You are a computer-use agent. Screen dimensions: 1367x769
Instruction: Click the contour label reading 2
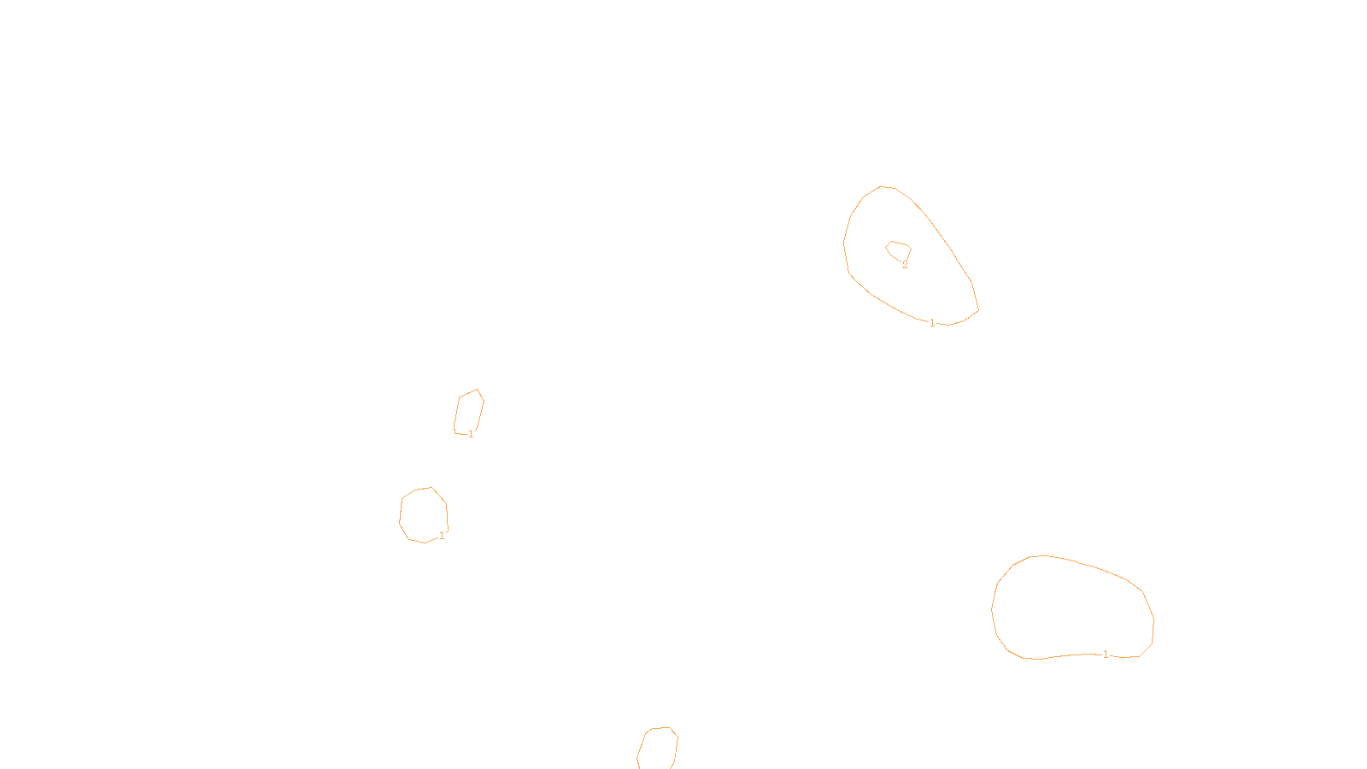(x=906, y=266)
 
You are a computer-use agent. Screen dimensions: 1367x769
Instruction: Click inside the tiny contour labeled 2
(x=899, y=251)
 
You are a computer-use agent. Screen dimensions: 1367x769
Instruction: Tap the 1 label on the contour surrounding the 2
(x=932, y=323)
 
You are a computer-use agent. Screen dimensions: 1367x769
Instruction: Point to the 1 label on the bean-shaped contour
(x=1106, y=655)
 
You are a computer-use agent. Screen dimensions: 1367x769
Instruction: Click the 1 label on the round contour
(x=442, y=536)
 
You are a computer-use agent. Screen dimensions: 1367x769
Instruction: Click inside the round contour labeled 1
(x=423, y=514)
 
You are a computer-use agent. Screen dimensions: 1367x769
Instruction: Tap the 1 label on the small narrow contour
(x=471, y=434)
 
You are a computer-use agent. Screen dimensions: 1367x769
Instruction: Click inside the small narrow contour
(x=469, y=413)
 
